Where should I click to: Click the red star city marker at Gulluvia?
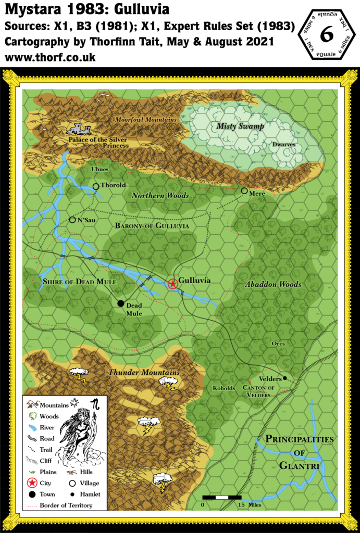(x=172, y=284)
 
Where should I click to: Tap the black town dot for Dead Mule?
(x=121, y=303)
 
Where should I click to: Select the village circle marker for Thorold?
(x=96, y=186)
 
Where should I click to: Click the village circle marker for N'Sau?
(x=72, y=220)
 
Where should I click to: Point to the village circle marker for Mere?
(x=244, y=191)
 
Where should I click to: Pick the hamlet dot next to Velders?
(x=285, y=378)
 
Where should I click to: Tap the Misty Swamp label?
(x=240, y=126)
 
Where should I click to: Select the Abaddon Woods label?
(x=273, y=285)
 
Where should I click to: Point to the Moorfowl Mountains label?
(x=146, y=120)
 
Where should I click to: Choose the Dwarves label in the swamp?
(x=283, y=145)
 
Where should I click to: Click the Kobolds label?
(x=225, y=388)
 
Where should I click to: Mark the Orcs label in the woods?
(x=278, y=344)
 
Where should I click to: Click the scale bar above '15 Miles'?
(x=221, y=498)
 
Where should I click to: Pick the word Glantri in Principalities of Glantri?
(x=299, y=466)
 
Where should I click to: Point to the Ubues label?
(x=100, y=169)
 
